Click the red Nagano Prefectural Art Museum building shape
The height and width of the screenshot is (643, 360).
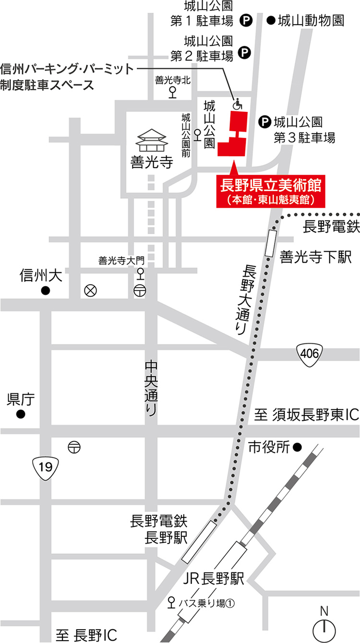234,137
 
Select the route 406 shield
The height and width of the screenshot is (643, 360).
308,354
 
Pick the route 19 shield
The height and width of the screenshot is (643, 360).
46,465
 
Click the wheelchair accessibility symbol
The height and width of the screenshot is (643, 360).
236,103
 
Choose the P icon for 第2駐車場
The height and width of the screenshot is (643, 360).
244,51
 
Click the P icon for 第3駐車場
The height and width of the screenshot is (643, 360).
264,123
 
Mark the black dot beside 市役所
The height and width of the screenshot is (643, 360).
298,448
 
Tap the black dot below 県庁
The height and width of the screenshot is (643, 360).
20,414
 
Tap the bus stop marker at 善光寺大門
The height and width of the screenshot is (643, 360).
140,274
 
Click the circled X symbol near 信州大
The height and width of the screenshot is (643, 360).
90,291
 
